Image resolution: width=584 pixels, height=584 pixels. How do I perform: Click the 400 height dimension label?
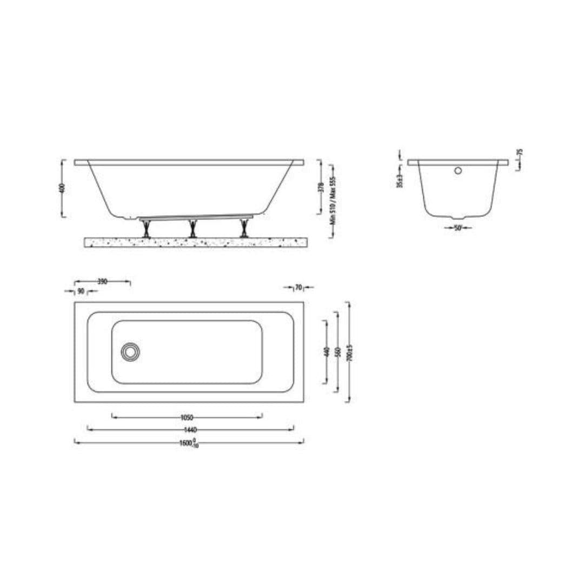click(63, 188)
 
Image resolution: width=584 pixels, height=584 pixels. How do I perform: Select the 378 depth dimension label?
click(321, 188)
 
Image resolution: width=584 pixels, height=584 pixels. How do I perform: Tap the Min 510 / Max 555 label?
click(333, 201)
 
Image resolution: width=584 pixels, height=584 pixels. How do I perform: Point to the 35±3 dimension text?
click(400, 181)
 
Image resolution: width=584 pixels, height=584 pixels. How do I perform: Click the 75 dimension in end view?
click(520, 152)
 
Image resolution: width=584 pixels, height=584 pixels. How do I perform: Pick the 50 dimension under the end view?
click(458, 228)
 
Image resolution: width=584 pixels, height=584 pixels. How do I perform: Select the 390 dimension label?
click(102, 281)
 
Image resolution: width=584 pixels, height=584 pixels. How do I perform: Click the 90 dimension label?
click(81, 291)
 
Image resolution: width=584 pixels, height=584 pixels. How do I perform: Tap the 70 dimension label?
click(298, 287)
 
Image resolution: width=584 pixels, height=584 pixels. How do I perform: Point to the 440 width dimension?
click(326, 352)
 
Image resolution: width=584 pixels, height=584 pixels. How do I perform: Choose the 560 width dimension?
click(338, 352)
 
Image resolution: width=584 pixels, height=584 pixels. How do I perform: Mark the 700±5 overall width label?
click(350, 353)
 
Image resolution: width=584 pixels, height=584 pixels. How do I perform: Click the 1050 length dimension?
click(187, 417)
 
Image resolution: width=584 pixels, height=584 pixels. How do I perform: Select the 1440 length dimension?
click(190, 430)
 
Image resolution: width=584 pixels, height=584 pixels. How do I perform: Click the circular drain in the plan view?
click(130, 352)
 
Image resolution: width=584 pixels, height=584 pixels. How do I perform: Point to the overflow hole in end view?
click(458, 171)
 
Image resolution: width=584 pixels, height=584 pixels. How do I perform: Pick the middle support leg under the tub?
click(193, 229)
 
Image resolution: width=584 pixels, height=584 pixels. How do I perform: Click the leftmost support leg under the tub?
click(145, 229)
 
